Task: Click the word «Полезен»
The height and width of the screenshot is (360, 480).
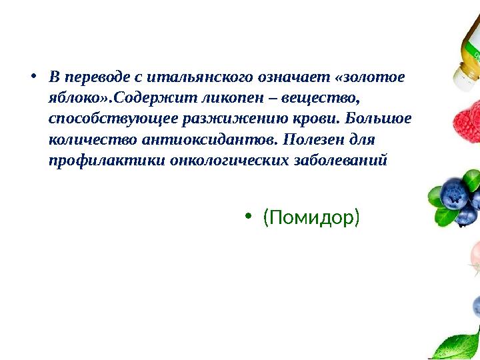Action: pyautogui.click(x=312, y=141)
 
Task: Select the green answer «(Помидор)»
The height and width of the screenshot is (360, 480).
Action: pyautogui.click(x=311, y=217)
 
